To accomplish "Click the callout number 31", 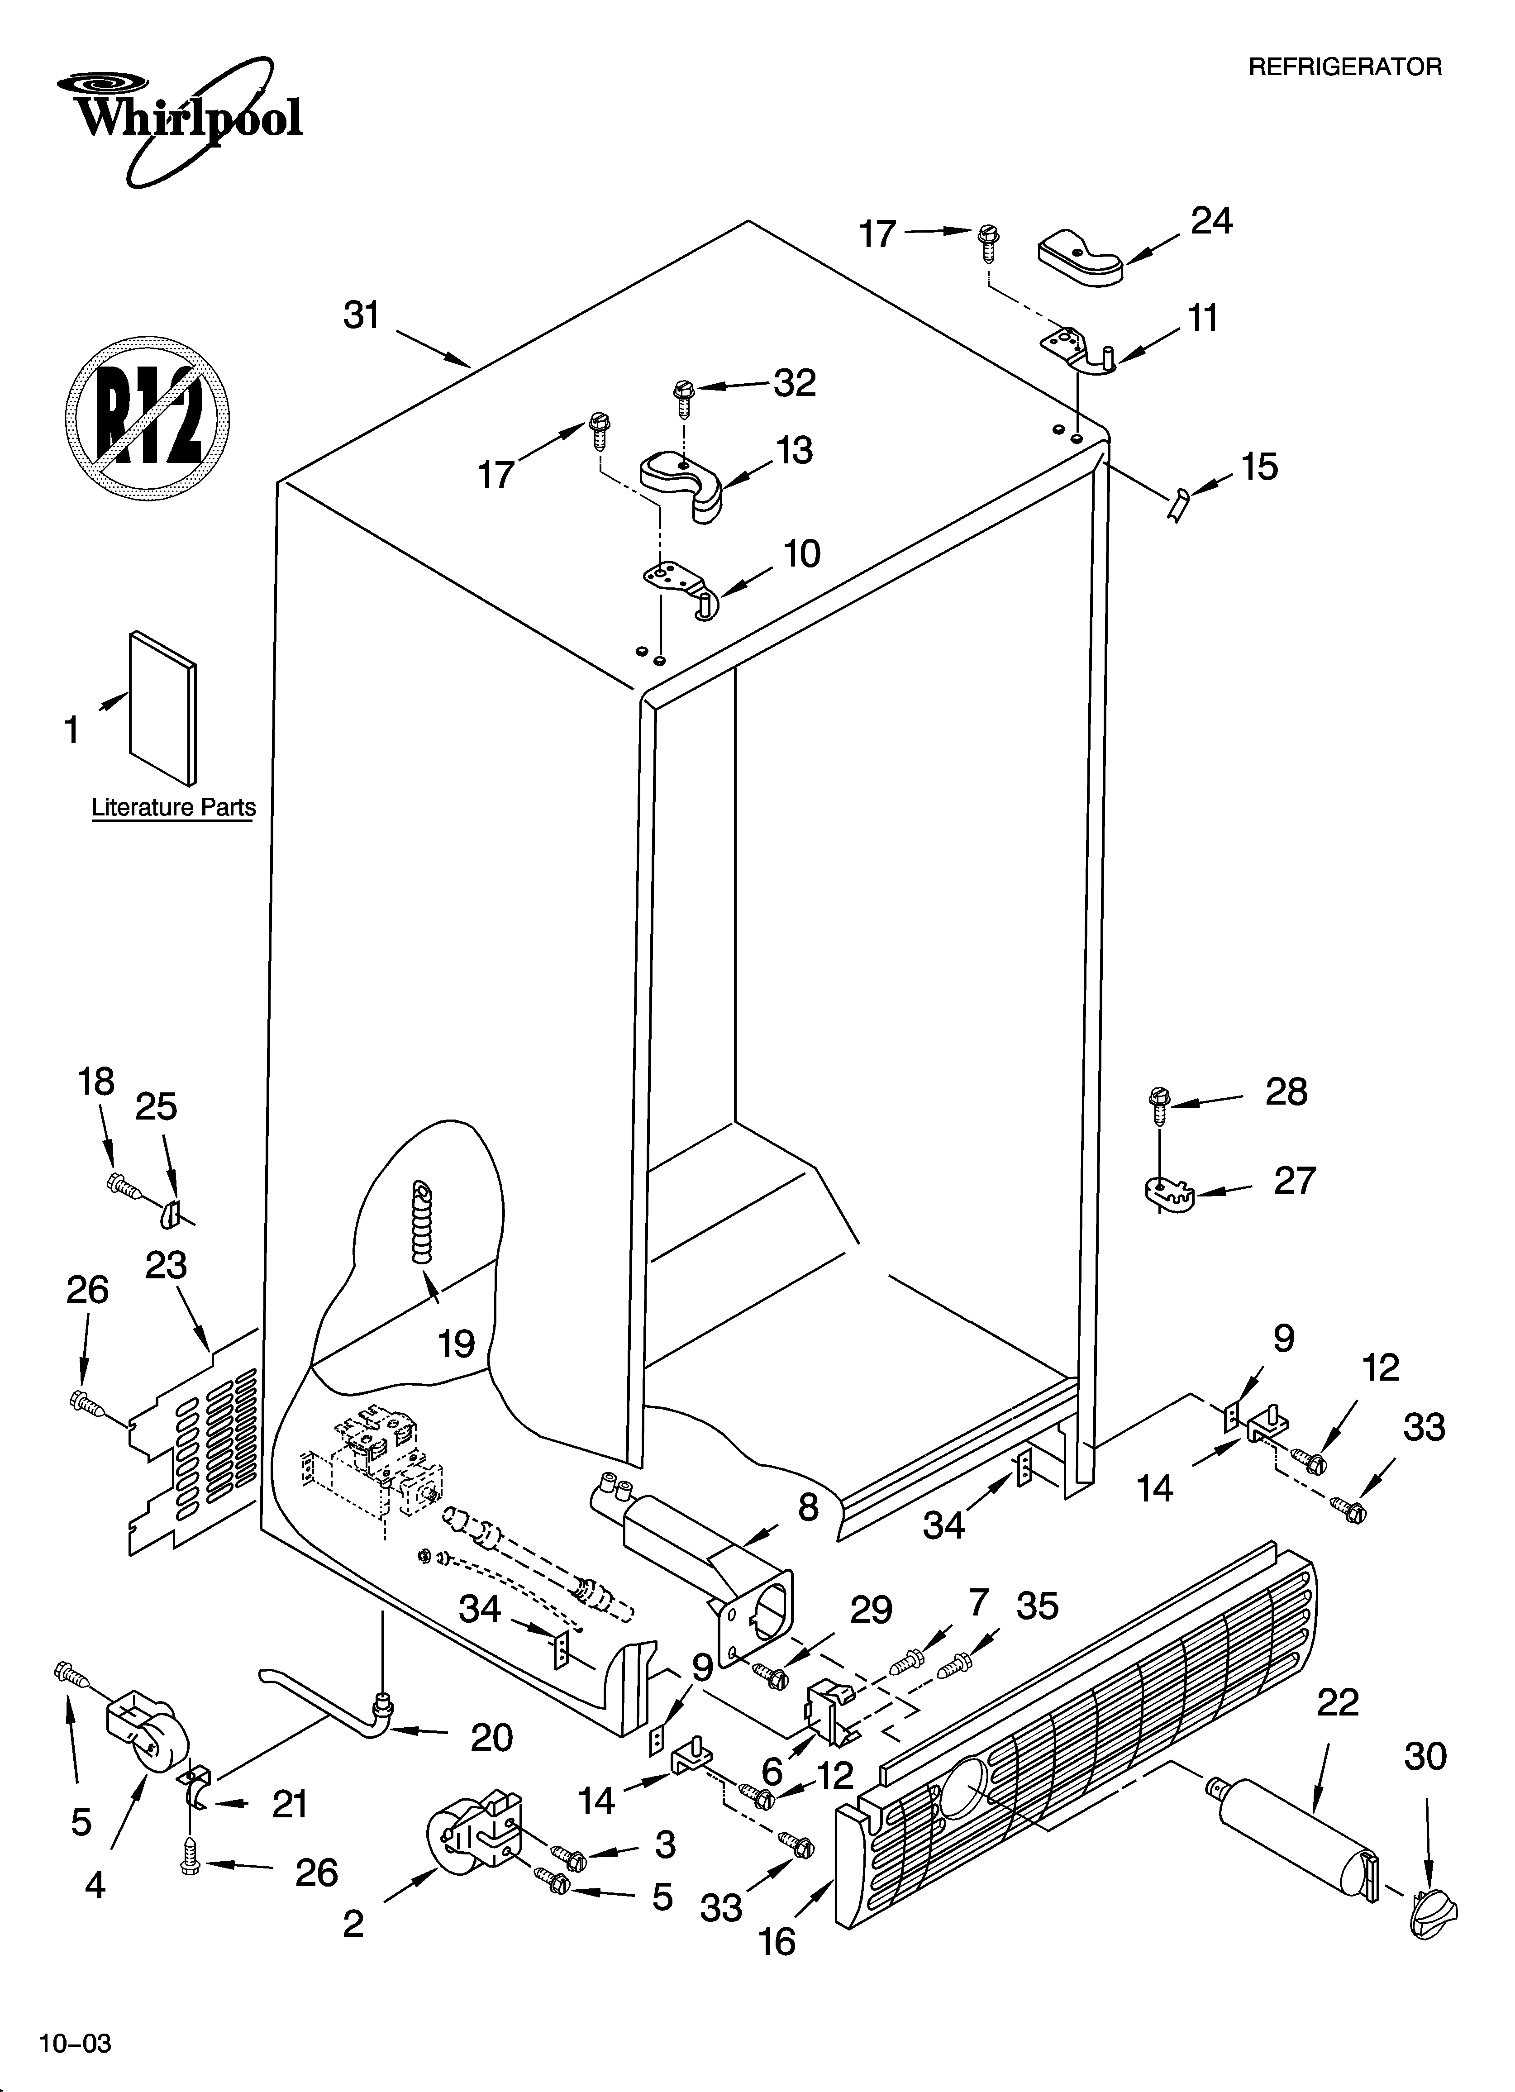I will coord(362,315).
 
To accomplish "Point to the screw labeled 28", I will coord(1159,1104).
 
